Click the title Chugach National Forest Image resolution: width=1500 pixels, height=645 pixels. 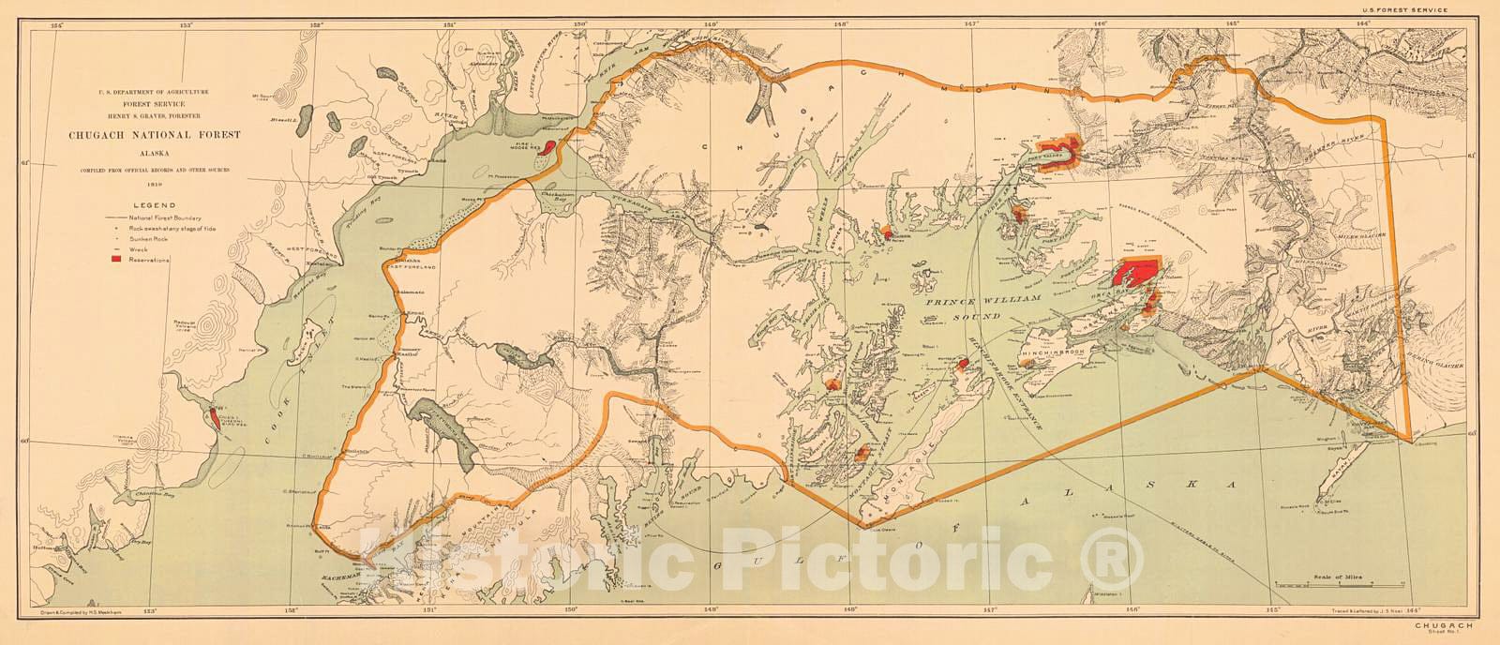[x=155, y=135]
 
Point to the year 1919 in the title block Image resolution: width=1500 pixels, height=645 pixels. [x=155, y=184]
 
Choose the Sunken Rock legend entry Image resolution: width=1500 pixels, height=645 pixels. [x=151, y=238]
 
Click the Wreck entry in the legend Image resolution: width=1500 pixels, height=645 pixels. [x=141, y=248]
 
